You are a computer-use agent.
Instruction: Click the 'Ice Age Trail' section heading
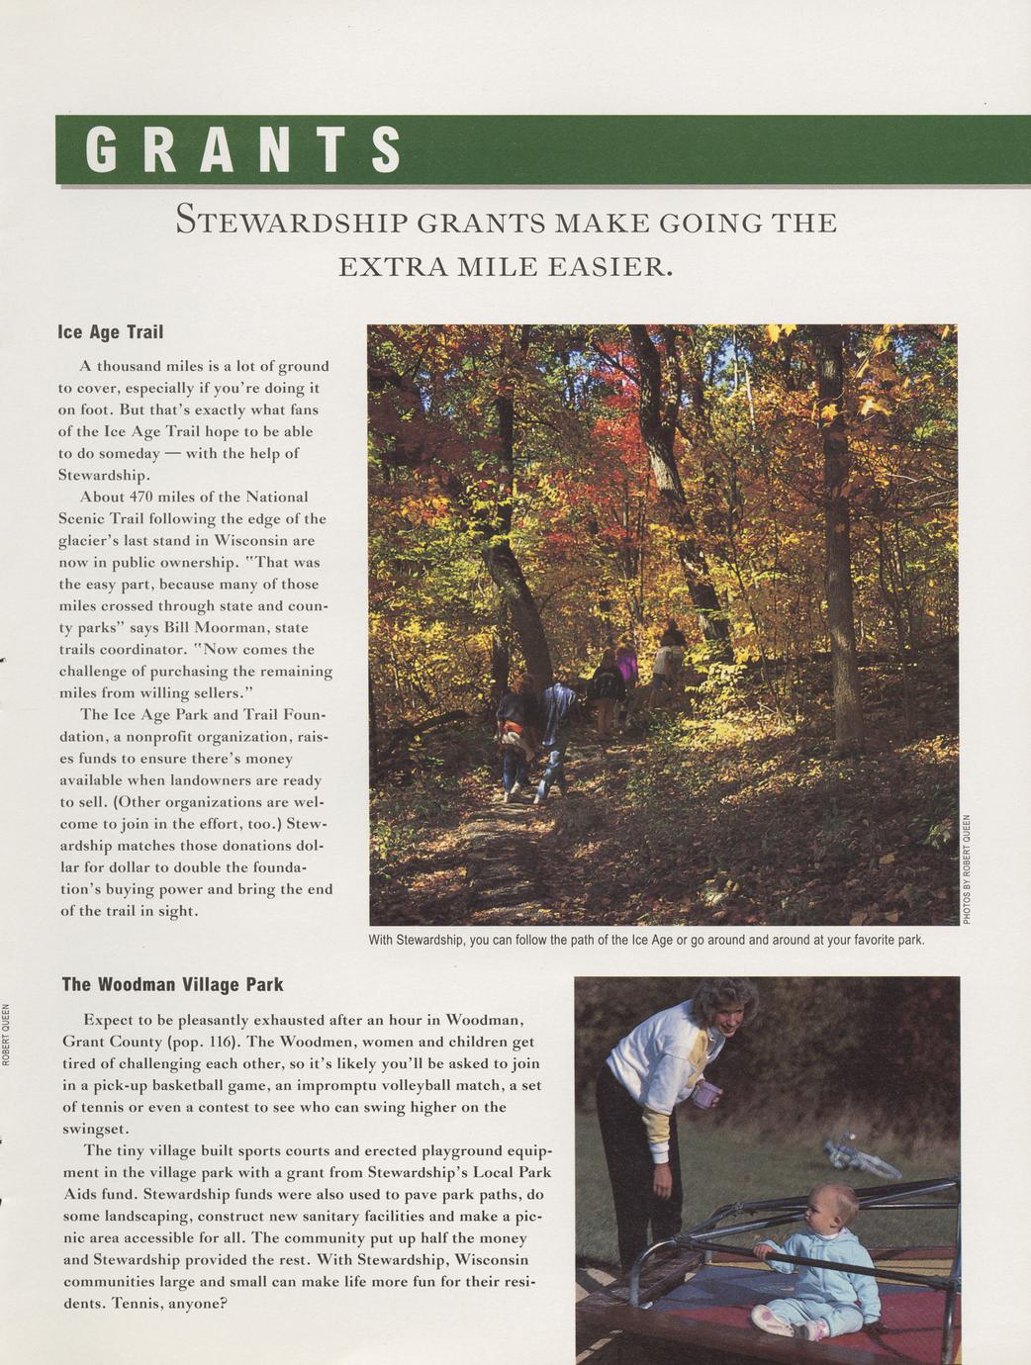pos(110,332)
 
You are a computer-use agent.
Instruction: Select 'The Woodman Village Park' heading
pos(172,984)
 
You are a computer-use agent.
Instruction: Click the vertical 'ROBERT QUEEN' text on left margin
pos(7,1035)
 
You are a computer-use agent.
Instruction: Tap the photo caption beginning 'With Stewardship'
pos(646,939)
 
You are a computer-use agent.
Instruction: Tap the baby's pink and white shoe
pos(773,1320)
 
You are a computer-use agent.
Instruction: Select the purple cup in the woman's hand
pos(706,1094)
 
